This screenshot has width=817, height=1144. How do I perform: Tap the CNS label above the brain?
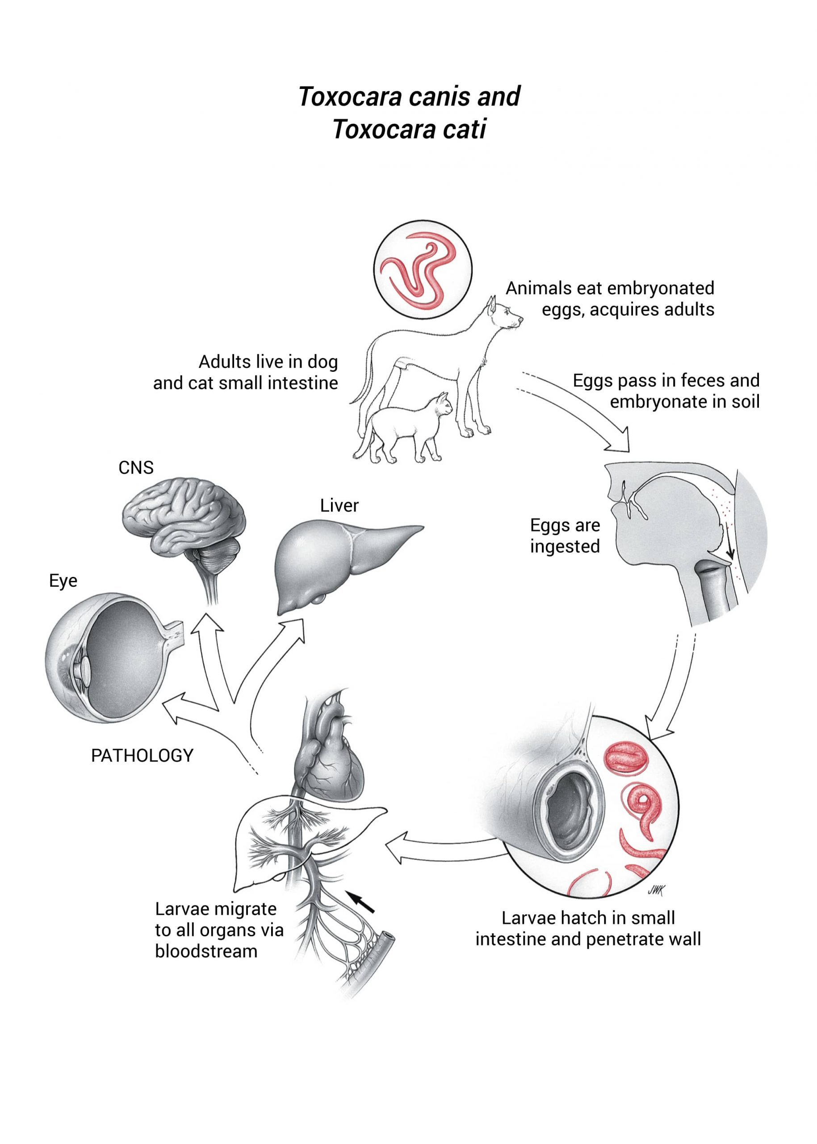136,467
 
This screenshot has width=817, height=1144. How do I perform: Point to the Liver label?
339,505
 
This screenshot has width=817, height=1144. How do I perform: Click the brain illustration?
184,523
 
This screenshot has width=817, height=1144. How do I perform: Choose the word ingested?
565,547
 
